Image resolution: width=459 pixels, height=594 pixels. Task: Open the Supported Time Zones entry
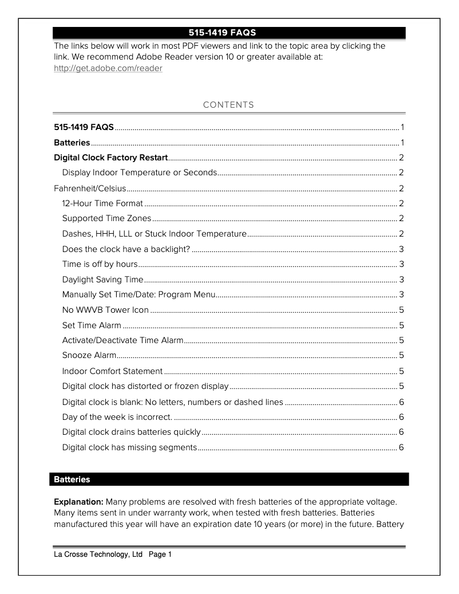tap(106, 218)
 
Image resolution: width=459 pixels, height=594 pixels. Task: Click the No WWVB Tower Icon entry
tap(105, 310)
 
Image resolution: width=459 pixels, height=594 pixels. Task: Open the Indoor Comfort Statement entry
tap(112, 371)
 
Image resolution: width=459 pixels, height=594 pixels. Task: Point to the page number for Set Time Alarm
tap(402, 325)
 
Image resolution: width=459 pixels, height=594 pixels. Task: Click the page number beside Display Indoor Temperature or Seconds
tap(402, 172)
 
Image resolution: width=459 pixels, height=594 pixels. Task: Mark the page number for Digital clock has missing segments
tap(402, 447)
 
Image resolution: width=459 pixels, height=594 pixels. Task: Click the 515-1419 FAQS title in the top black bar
tap(229, 32)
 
